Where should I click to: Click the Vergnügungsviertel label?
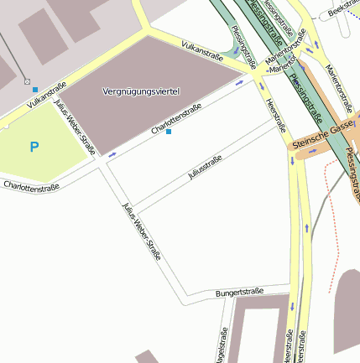pos(141,90)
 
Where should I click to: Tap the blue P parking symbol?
pos(34,148)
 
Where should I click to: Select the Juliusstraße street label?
pos(205,168)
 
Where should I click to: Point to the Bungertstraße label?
pos(239,292)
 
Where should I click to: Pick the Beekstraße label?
pos(344,10)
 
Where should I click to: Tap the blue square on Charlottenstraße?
pos(170,132)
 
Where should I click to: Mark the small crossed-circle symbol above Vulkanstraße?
pos(28,82)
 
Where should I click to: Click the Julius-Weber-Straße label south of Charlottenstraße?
pos(141,231)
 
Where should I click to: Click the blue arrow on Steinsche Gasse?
pos(313,152)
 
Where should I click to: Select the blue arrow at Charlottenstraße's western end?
pos(112,155)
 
